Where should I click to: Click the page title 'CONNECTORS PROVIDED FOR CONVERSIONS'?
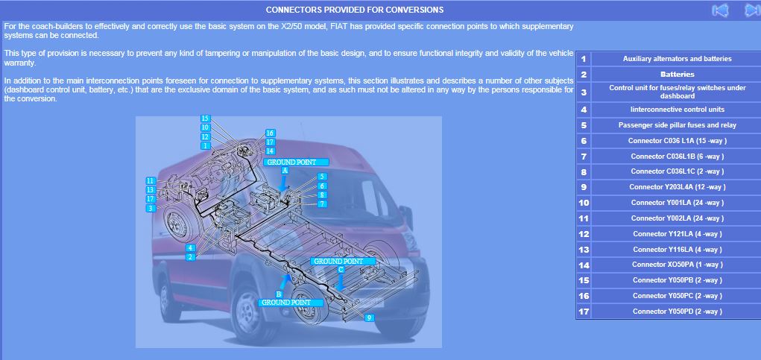pos(354,10)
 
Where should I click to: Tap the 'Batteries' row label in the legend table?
pos(677,75)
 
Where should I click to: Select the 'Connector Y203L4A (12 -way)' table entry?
pos(677,187)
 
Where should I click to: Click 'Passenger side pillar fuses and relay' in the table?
pos(677,125)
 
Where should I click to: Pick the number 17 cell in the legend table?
pos(584,312)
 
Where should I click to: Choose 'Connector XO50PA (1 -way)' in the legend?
pos(677,265)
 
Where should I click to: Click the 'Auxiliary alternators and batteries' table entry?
pos(677,59)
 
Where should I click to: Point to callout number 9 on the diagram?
pos(370,318)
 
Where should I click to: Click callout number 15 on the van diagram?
pos(205,119)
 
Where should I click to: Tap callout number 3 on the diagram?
pos(151,208)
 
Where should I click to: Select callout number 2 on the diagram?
pos(191,257)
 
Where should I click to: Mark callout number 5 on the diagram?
pos(322,177)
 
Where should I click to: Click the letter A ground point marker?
pos(285,170)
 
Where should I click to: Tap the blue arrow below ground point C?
pos(341,282)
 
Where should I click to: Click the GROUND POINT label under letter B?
pos(291,303)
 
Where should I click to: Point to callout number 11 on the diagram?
pos(151,180)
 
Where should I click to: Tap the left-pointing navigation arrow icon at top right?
pos(720,10)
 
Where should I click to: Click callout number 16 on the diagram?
pos(271,133)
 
